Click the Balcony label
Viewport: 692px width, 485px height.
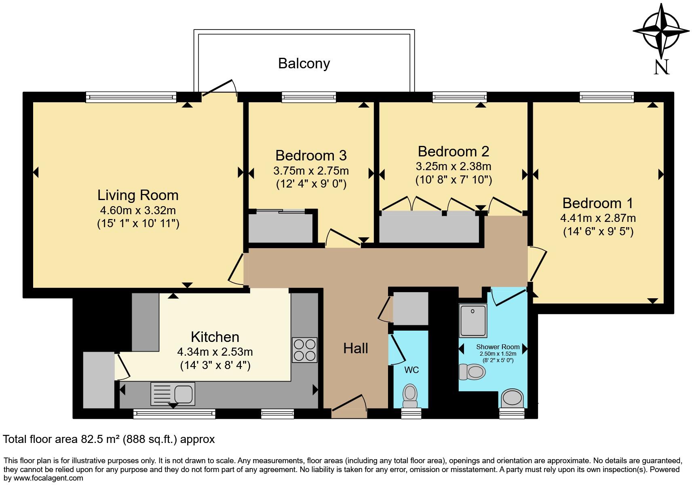pyautogui.click(x=304, y=63)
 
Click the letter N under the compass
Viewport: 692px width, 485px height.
pyautogui.click(x=661, y=67)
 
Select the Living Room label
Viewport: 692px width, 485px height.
pyautogui.click(x=138, y=195)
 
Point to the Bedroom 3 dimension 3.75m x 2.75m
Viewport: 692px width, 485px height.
pyautogui.click(x=311, y=171)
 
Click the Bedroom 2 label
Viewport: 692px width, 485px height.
pyautogui.click(x=454, y=152)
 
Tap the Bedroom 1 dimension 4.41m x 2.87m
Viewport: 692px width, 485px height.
pyautogui.click(x=598, y=218)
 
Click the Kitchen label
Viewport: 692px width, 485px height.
pyautogui.click(x=215, y=337)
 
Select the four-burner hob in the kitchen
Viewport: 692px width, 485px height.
pyautogui.click(x=305, y=350)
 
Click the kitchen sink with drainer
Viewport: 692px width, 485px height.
pyautogui.click(x=173, y=394)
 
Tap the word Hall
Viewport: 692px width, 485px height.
pyautogui.click(x=356, y=348)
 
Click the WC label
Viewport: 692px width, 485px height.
pyautogui.click(x=411, y=370)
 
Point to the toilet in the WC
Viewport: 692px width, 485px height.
pyautogui.click(x=410, y=396)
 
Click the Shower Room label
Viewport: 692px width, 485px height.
pyautogui.click(x=498, y=347)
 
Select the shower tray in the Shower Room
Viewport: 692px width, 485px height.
pyautogui.click(x=473, y=321)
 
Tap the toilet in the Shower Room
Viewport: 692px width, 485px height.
pyautogui.click(x=472, y=372)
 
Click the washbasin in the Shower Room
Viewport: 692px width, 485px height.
pyautogui.click(x=512, y=398)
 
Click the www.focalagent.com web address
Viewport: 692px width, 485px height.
pyautogui.click(x=48, y=478)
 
